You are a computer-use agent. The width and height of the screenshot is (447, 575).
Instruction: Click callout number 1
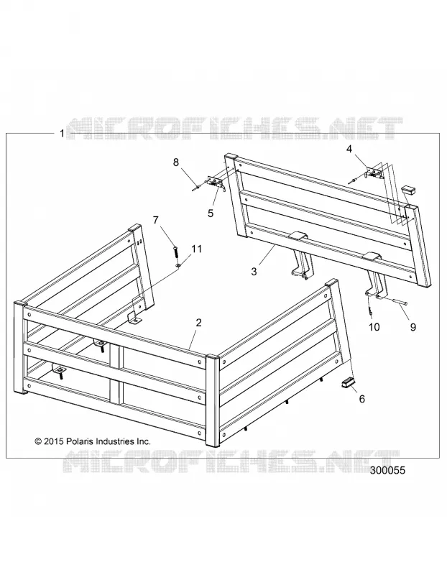click(62, 134)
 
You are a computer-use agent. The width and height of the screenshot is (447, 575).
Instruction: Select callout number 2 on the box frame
click(199, 323)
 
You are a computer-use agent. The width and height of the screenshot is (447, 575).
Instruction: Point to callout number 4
click(349, 149)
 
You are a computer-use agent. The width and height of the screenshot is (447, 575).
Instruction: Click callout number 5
click(211, 213)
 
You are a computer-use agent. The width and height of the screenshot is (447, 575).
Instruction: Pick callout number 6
click(362, 399)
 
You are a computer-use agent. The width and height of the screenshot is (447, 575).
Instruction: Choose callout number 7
click(156, 221)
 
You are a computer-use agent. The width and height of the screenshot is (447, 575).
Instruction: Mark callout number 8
click(176, 162)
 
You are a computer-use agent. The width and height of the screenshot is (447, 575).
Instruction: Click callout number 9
click(413, 327)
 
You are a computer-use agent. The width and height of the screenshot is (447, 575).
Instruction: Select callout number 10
click(374, 327)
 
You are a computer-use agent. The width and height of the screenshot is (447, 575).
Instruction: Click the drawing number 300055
click(388, 470)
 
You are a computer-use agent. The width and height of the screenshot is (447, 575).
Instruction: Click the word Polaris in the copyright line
click(80, 441)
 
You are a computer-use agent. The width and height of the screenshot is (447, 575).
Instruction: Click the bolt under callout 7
click(175, 253)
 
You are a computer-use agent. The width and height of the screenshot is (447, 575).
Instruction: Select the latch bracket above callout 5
click(216, 183)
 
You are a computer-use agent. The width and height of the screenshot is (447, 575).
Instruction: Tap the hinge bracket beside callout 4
click(374, 172)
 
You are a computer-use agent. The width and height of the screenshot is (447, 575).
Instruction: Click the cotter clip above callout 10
click(370, 309)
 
